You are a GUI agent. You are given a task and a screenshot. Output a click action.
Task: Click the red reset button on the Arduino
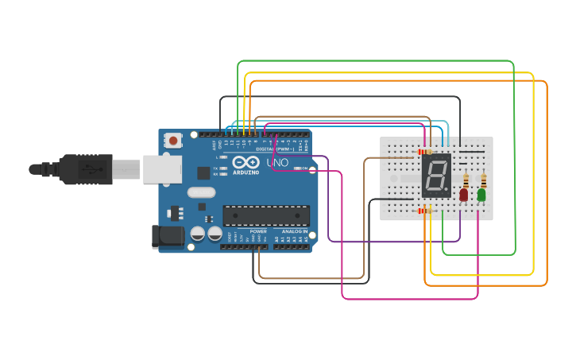173,141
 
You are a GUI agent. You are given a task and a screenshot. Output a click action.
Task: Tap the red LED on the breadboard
464,193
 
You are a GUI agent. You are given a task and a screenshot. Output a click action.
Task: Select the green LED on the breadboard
481,194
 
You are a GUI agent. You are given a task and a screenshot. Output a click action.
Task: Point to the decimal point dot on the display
446,193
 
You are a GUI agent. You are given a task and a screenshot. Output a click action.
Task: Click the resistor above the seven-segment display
424,151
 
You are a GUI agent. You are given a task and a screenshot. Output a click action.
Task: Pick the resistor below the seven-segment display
425,210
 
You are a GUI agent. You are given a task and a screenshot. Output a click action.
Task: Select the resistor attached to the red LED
466,179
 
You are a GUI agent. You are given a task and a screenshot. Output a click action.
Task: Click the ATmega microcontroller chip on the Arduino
266,215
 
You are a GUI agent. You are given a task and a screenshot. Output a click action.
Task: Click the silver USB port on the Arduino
162,169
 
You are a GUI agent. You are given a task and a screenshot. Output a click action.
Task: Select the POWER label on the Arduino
258,231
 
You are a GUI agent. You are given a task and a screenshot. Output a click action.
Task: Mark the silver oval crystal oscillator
201,192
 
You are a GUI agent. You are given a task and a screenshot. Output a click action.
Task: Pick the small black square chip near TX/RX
203,172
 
